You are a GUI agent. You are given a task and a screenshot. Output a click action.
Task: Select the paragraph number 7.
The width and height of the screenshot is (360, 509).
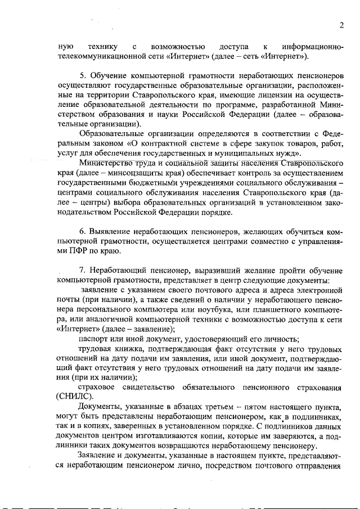(x=82, y=271)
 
